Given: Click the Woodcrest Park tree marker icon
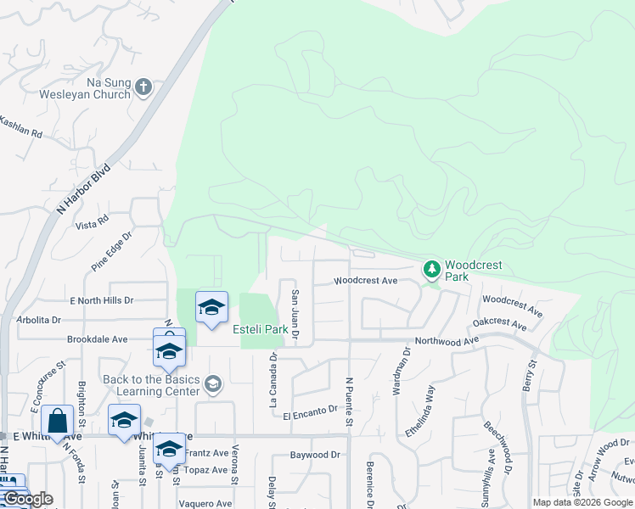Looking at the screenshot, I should click(432, 270).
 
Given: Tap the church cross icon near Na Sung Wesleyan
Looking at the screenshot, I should click(143, 86).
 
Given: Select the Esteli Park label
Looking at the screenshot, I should click(261, 329).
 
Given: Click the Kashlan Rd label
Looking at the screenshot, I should click(20, 128).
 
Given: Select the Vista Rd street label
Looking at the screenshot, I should click(93, 223).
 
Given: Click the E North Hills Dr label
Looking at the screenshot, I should click(101, 300).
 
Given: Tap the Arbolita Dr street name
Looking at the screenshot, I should click(39, 320).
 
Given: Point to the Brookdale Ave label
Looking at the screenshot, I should click(98, 339).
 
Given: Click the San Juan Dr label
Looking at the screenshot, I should click(295, 315).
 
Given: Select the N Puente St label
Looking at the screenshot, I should click(349, 401).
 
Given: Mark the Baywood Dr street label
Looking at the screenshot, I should click(314, 455).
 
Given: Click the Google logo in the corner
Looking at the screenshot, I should click(28, 499).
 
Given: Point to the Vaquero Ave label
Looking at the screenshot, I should click(205, 503).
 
